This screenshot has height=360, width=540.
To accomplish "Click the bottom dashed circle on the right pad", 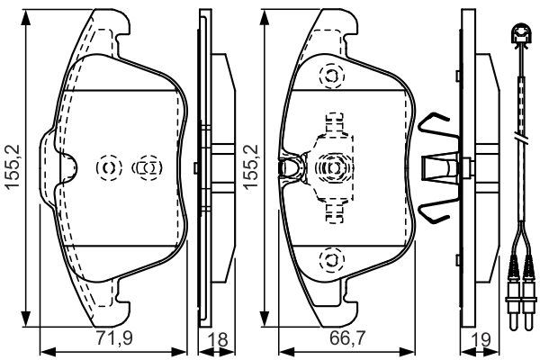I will (x=331, y=260).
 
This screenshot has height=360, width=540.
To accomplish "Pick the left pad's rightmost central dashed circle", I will (x=146, y=167).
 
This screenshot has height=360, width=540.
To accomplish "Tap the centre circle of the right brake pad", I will (x=331, y=167).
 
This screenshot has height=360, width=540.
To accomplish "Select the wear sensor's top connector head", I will (x=519, y=37).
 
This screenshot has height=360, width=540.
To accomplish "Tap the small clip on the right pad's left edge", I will (x=290, y=167).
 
